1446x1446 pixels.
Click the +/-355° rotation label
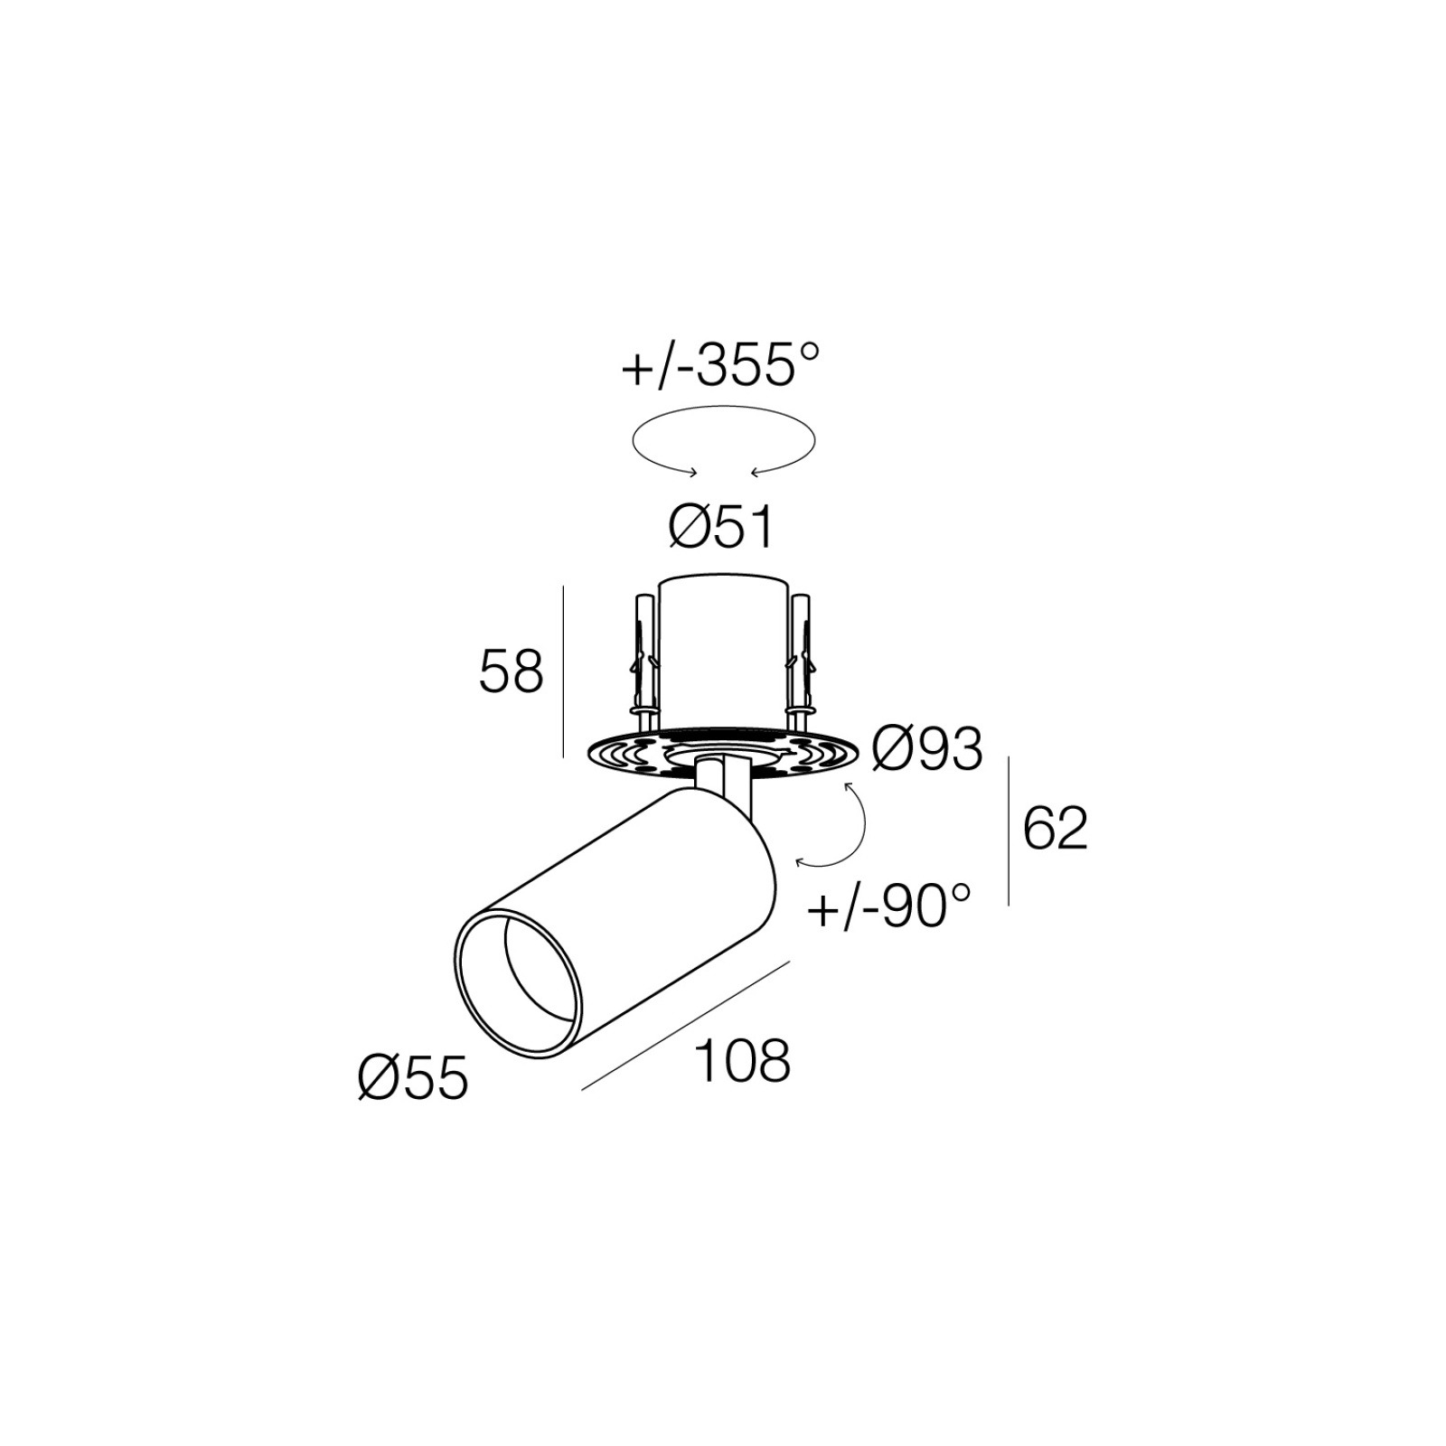click(720, 366)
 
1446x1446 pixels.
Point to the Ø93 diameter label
click(927, 748)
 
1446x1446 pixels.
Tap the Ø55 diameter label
click(413, 1077)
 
